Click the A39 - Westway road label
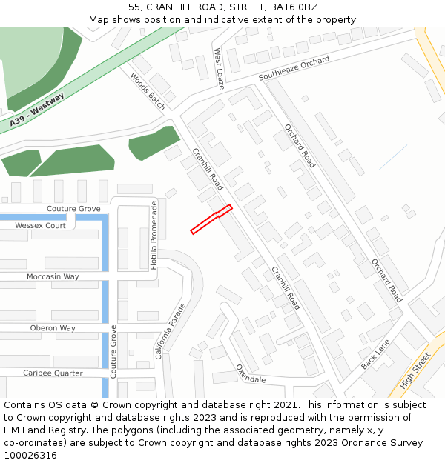click(38, 109)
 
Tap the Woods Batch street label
click(148, 90)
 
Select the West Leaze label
click(220, 69)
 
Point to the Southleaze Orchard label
click(294, 69)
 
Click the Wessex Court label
click(40, 225)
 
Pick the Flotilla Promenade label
click(154, 235)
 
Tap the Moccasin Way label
click(53, 276)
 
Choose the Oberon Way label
click(53, 328)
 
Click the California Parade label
click(171, 331)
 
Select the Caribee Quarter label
click(53, 373)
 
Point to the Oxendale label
click(250, 373)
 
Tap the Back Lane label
click(375, 356)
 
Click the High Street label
click(415, 371)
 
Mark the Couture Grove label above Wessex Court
click(73, 209)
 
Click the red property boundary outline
click(211, 219)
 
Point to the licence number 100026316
click(30, 456)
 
